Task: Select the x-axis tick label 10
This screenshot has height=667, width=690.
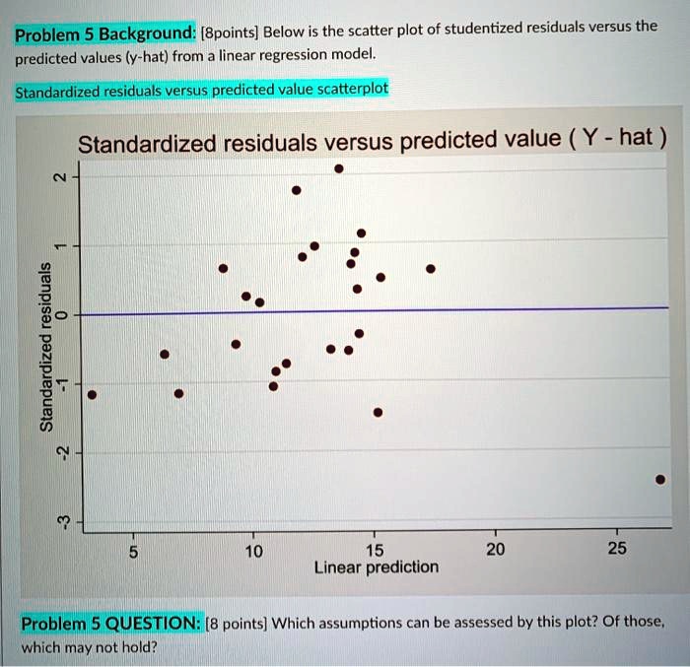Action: pos(253,550)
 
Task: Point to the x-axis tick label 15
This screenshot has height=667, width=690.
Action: pos(375,550)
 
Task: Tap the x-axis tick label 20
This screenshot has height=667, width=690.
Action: pos(496,550)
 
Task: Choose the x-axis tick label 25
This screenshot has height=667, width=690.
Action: pos(617,550)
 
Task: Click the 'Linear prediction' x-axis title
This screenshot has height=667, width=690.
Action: pos(376,567)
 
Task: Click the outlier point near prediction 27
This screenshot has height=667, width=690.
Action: pos(660,480)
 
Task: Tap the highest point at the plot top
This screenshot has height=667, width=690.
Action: pos(339,168)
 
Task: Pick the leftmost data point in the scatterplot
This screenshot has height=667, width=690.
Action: pos(92,394)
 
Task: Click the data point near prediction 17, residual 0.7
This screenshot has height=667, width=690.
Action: pos(431,268)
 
